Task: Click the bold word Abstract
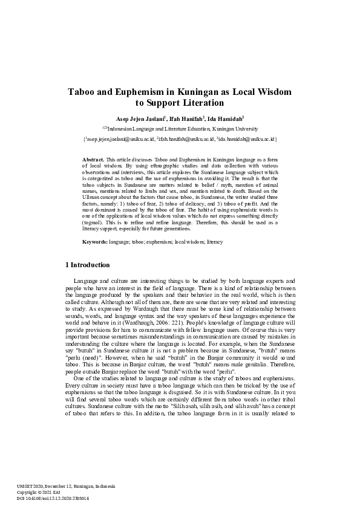93,158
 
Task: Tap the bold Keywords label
95,242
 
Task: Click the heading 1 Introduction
87,265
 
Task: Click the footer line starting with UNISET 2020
66,487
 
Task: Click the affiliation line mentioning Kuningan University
180,129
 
